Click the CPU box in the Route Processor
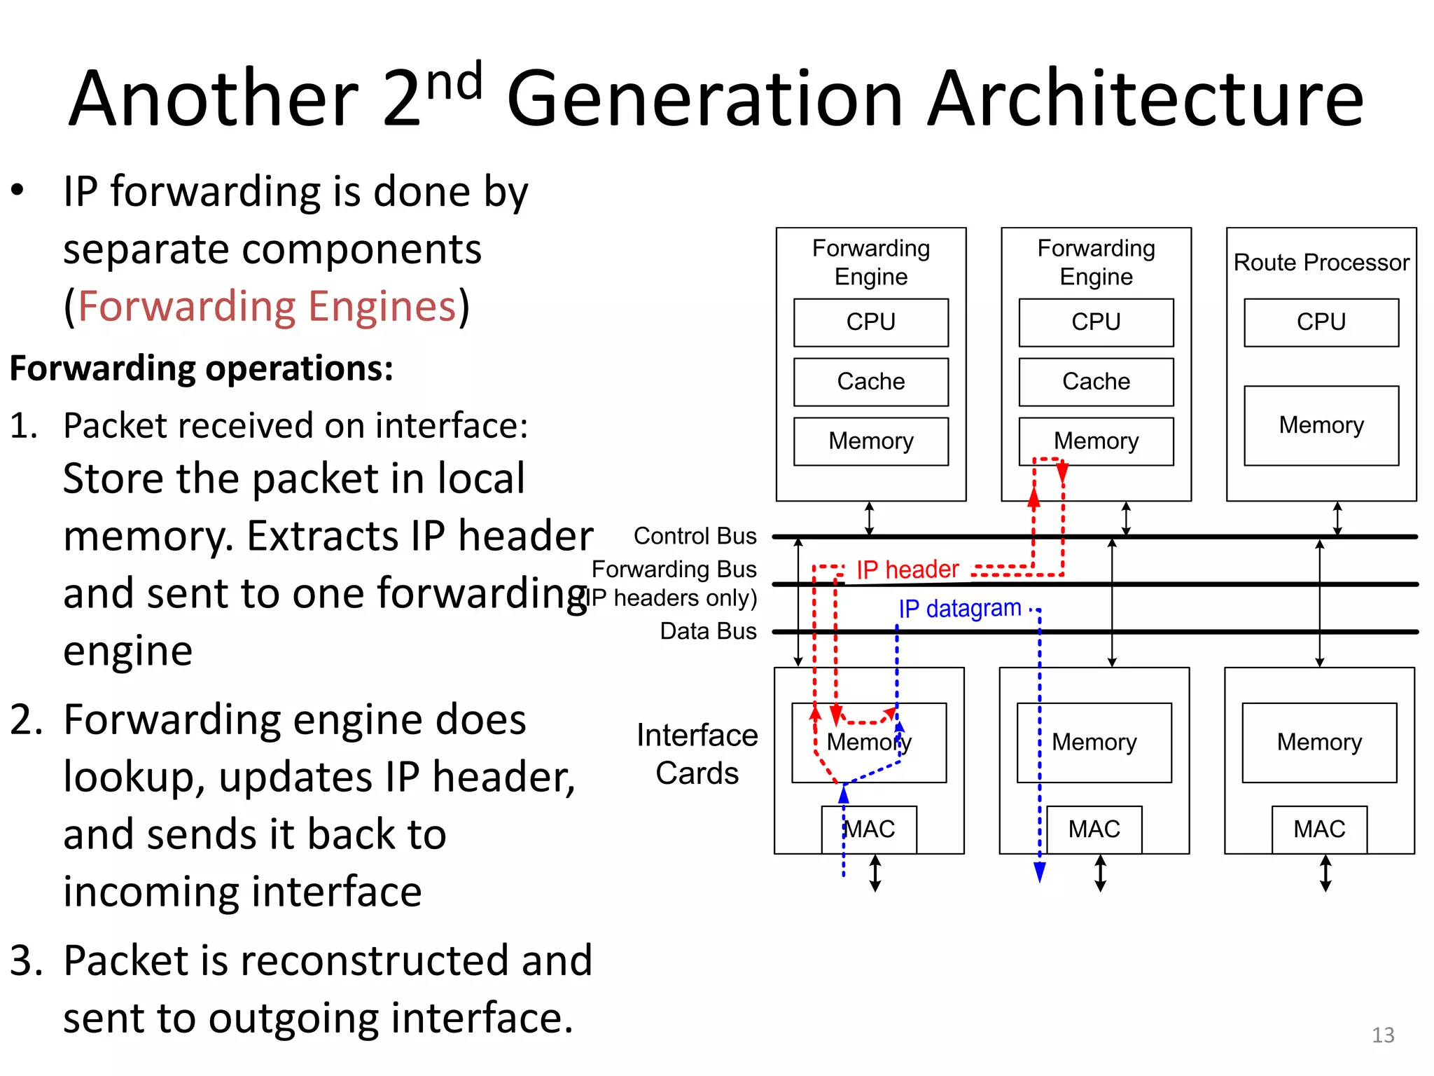tap(1321, 322)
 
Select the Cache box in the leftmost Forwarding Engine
tap(870, 382)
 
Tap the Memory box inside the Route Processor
tap(1321, 425)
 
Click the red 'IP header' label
tap(907, 570)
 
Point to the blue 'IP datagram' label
tap(959, 608)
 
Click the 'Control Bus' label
tap(695, 536)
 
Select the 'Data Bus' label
tap(708, 631)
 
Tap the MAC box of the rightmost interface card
tap(1318, 829)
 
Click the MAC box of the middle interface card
tap(1094, 829)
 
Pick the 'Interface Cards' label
tap(697, 754)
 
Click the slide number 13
tap(1382, 1035)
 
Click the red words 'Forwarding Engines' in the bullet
tap(267, 307)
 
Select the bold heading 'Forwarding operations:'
tap(202, 368)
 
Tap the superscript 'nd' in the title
tap(454, 82)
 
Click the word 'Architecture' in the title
tap(1145, 99)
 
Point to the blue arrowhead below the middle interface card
tap(1039, 871)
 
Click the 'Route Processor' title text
tap(1321, 263)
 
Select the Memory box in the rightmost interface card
tap(1318, 743)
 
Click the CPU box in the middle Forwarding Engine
tap(1096, 322)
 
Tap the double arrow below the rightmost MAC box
tap(1325, 873)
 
